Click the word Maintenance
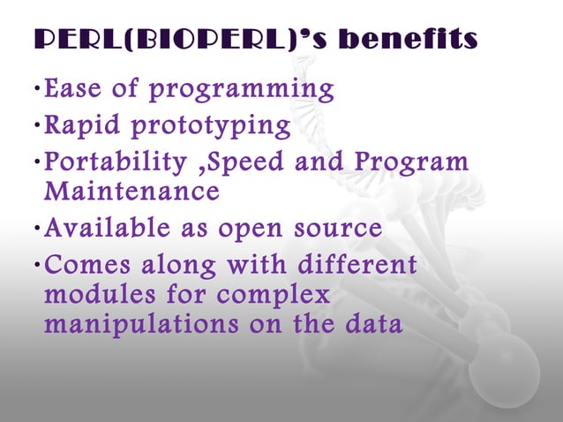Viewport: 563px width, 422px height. tap(131, 191)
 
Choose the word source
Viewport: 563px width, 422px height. tap(334, 230)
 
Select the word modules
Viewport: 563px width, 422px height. tap(92, 295)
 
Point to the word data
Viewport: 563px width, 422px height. tap(369, 324)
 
